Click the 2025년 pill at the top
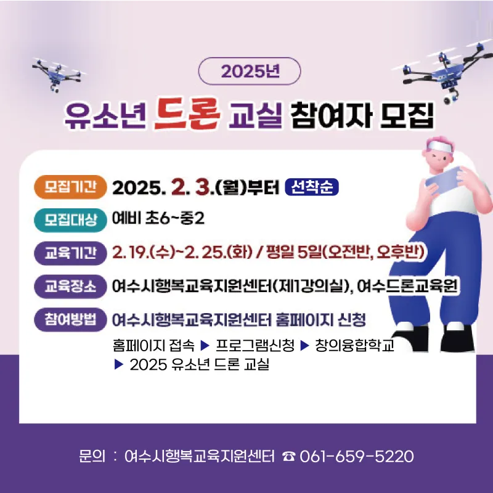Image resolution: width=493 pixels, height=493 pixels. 250,71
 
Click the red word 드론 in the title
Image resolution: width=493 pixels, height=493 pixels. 187,114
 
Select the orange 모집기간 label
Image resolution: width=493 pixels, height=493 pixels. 70,187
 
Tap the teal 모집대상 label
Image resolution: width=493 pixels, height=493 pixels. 70,220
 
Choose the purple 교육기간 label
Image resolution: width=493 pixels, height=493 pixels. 70,253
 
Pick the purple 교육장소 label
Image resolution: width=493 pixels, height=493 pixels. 70,287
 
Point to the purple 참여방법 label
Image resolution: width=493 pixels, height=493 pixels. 70,319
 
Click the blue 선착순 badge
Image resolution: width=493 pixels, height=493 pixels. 312,187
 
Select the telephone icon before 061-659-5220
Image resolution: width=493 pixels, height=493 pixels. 288,456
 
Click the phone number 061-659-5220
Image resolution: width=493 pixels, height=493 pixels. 357,456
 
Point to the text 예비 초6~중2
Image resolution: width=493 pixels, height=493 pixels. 158,218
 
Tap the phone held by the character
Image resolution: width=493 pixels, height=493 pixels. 443,180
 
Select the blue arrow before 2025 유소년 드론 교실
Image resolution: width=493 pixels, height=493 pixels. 119,365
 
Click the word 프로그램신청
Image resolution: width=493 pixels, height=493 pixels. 255,346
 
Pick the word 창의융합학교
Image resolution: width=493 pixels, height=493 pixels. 354,346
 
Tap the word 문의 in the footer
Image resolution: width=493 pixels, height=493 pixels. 92,456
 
